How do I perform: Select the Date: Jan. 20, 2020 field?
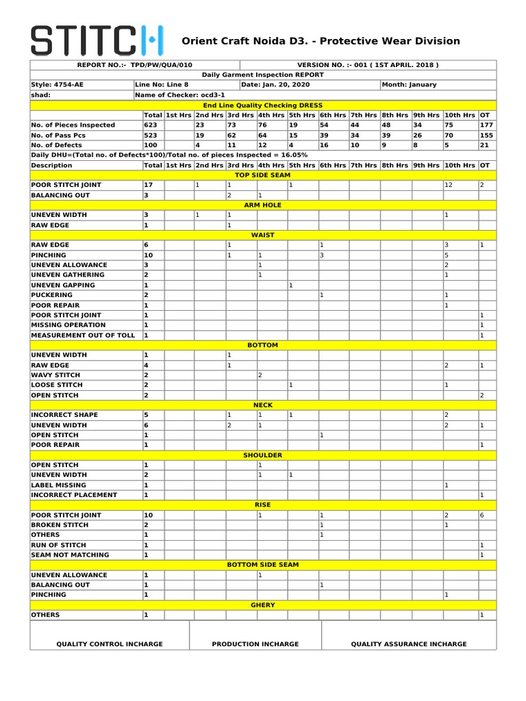(275, 85)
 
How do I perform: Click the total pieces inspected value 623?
(151, 125)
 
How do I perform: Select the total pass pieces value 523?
(151, 136)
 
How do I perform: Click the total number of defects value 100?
(151, 145)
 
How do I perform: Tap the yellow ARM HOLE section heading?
(263, 205)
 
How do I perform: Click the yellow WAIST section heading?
(263, 235)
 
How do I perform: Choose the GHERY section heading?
(263, 605)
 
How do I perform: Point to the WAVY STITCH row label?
(55, 375)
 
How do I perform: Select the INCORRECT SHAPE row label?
(64, 415)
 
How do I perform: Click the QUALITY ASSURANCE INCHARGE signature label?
(409, 644)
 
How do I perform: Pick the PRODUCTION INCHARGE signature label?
(255, 644)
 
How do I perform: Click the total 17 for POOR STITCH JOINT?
(149, 186)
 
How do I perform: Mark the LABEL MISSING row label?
(59, 485)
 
